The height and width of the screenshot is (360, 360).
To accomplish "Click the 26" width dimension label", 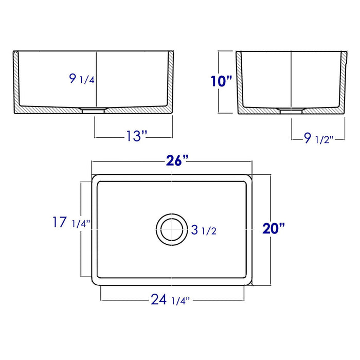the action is (177, 160).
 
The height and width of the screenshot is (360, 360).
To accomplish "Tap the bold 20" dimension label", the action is (274, 228).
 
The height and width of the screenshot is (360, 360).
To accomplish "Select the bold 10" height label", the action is (221, 81).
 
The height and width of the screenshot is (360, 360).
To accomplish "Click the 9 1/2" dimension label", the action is (319, 138).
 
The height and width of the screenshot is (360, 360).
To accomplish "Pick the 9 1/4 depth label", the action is (82, 79).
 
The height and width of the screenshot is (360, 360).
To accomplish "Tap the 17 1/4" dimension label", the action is (71, 222).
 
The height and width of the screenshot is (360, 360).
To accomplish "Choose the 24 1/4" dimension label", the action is (170, 300).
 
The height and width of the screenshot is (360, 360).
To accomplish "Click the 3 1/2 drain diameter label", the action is (204, 230).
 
